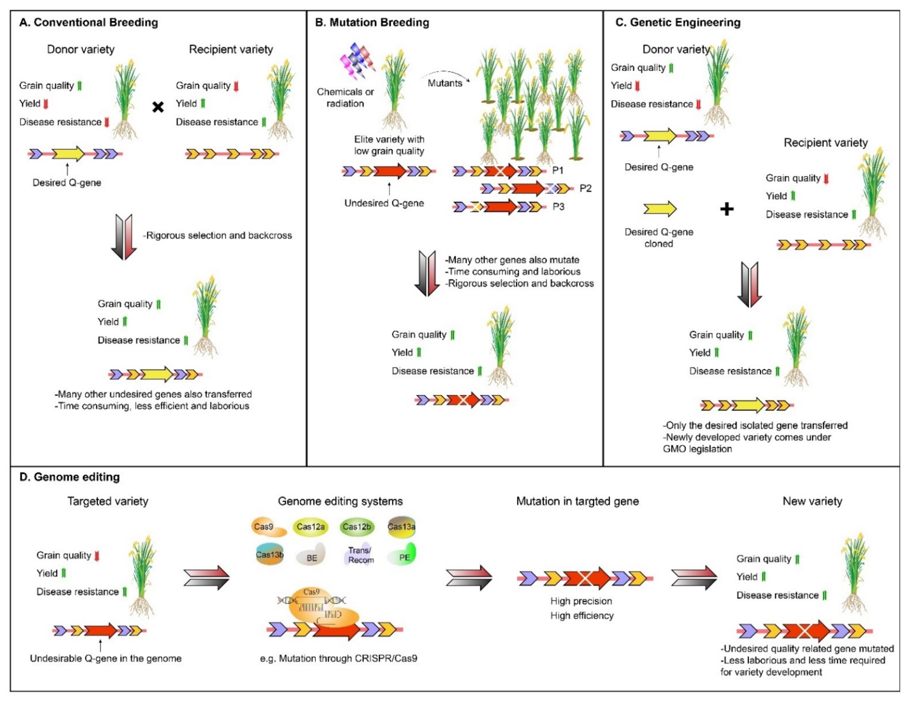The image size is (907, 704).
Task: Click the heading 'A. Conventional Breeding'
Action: point(88,22)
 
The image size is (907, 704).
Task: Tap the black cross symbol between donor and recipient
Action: point(158,107)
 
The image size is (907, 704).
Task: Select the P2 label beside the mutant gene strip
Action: point(585,189)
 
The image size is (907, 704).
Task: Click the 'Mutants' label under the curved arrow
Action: point(445,83)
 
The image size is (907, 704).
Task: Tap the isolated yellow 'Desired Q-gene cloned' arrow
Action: point(659,209)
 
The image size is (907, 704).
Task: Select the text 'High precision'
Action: point(581,601)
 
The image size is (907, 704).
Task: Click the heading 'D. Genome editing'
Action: point(69,477)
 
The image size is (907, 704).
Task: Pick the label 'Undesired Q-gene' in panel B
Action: point(384,203)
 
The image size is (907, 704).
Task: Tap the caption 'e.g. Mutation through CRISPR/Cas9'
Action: point(338,658)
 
